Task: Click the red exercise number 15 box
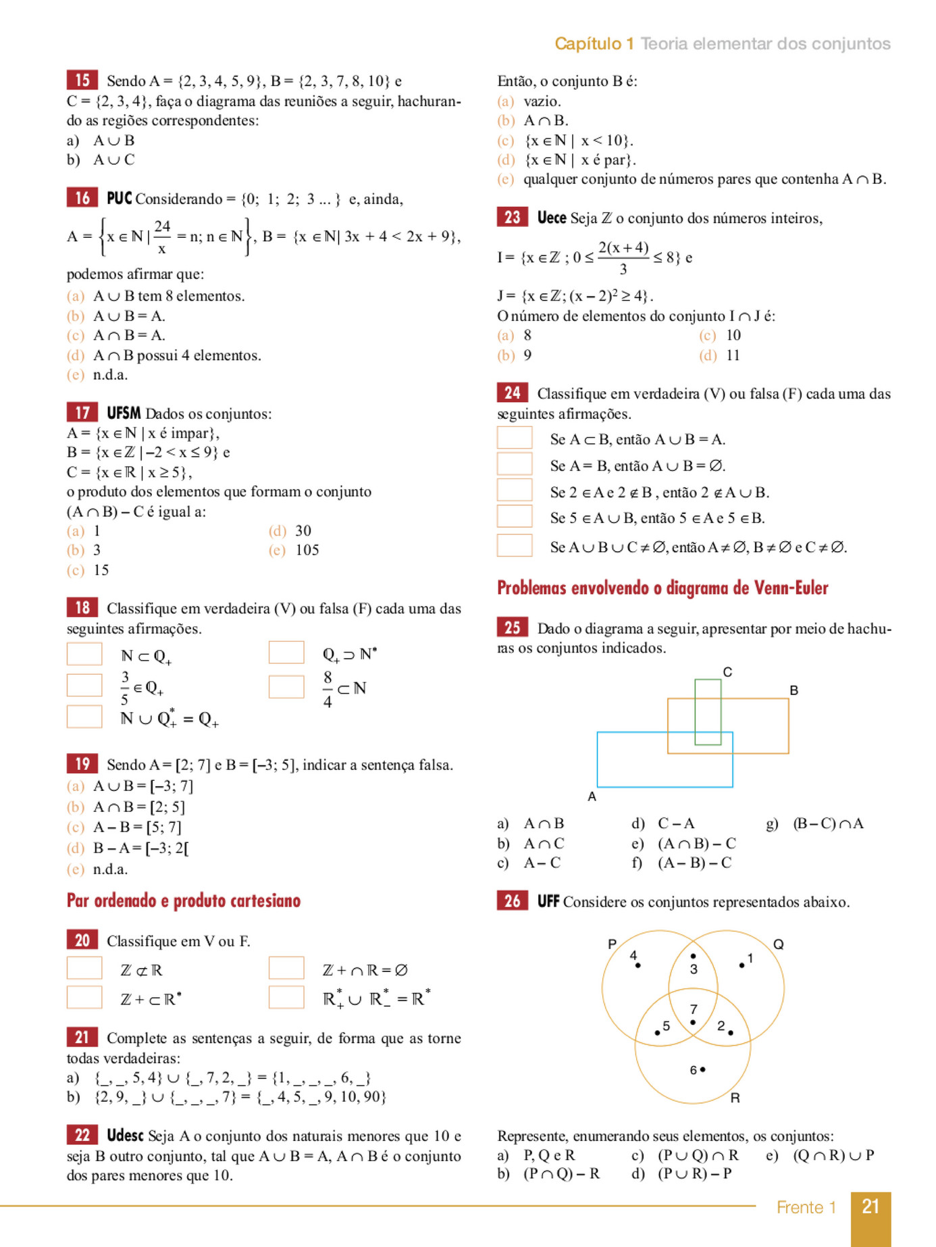(82, 80)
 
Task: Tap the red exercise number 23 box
(512, 218)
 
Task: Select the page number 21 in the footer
(870, 1207)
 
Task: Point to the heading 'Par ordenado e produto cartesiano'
(183, 900)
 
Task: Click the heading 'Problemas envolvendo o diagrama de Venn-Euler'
(662, 588)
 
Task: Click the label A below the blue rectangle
(592, 796)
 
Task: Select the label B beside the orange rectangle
(794, 690)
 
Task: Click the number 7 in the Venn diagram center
(694, 1009)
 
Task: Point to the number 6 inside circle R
(694, 1070)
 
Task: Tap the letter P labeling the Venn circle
(612, 944)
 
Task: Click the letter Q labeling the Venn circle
(778, 944)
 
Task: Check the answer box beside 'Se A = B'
(515, 465)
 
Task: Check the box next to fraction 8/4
(286, 687)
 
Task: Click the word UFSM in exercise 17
(124, 413)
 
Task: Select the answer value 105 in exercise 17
(307, 550)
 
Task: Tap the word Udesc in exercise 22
(125, 1136)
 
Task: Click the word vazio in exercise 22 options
(542, 101)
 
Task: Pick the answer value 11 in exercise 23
(733, 355)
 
